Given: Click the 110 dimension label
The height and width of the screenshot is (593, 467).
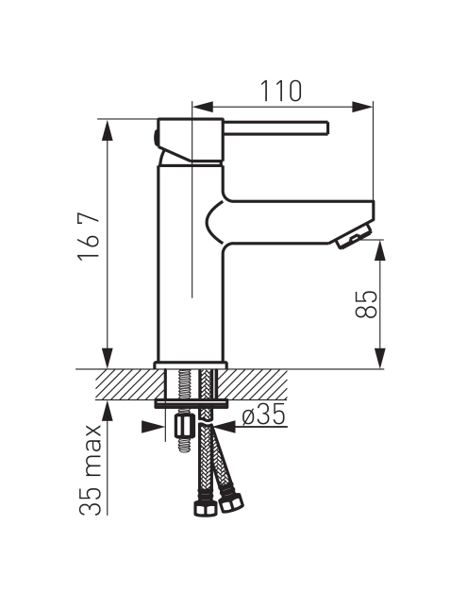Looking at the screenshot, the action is (x=281, y=92).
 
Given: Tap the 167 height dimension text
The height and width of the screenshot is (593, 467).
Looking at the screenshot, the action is (x=89, y=235).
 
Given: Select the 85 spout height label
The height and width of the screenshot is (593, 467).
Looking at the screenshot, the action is (x=366, y=304).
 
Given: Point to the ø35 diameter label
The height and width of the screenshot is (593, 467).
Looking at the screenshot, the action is (x=263, y=415).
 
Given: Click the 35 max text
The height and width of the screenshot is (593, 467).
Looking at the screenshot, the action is (x=91, y=470).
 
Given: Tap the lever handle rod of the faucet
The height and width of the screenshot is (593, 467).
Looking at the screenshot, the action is (x=275, y=127).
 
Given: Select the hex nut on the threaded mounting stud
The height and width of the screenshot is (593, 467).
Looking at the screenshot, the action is (x=185, y=426).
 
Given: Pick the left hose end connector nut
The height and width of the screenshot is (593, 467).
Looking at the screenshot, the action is (x=205, y=509).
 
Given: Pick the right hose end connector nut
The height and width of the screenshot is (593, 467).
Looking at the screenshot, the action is (x=231, y=503).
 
